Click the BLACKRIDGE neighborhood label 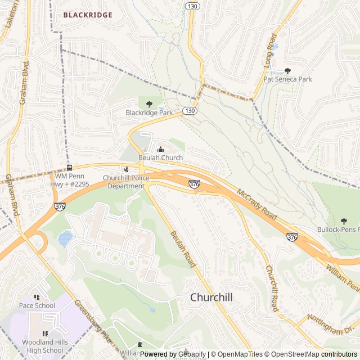click(88, 15)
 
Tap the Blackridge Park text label click(149, 112)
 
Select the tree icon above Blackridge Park click(149, 103)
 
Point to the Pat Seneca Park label click(287, 79)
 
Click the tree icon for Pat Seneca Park click(287, 71)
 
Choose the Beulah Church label click(161, 158)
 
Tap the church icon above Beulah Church click(161, 150)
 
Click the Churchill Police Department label click(126, 182)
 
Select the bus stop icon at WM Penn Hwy click(69, 167)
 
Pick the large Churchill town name click(211, 297)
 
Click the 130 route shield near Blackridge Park click(190, 111)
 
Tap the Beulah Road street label click(182, 248)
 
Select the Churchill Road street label click(272, 288)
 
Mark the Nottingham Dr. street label click(332, 324)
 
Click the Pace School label click(37, 305)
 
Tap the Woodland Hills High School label click(42, 346)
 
